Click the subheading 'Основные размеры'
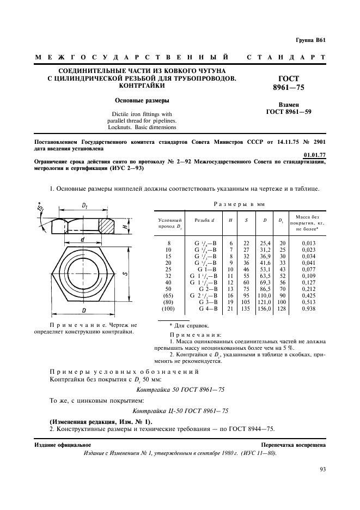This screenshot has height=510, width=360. click(142, 100)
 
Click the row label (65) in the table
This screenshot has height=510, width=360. click(169, 296)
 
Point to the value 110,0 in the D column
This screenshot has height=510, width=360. click(266, 296)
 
